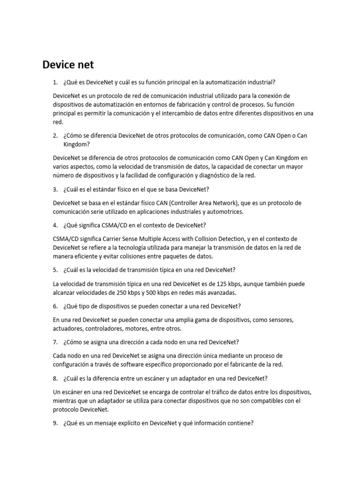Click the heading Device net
click(68, 64)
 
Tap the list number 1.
click(55, 82)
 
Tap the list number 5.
click(55, 270)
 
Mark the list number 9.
click(55, 423)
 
